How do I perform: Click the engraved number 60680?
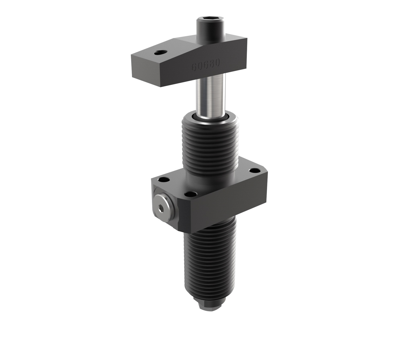(206, 64)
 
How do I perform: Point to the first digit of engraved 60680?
(194, 67)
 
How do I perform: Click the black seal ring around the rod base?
(211, 119)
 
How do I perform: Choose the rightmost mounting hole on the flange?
(255, 171)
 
